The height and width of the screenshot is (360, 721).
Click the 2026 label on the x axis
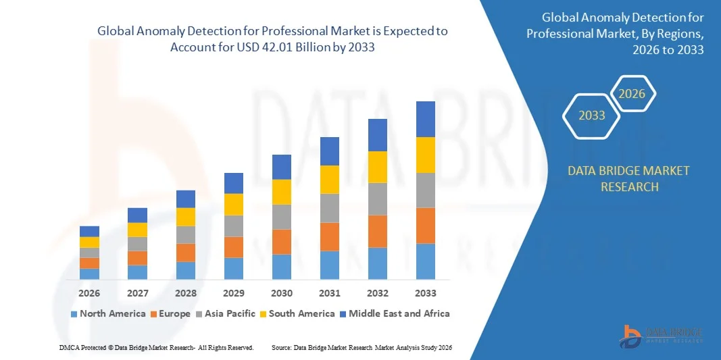(x=89, y=293)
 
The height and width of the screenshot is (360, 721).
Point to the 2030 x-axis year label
(x=282, y=293)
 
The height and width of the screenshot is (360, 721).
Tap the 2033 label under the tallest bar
(x=426, y=293)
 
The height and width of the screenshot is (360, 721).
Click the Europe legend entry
(x=174, y=313)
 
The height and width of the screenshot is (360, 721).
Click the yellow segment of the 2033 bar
(x=426, y=155)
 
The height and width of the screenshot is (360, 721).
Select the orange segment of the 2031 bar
(x=330, y=236)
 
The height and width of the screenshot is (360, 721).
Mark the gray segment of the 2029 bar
(x=234, y=226)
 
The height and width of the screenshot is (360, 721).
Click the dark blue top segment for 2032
(x=378, y=135)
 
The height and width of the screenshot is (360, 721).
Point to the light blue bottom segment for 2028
(x=186, y=270)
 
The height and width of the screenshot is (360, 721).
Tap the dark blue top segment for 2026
(x=89, y=231)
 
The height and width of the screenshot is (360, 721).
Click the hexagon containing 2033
(x=592, y=115)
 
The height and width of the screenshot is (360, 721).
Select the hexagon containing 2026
(x=632, y=94)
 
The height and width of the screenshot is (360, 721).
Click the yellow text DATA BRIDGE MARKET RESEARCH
(x=629, y=178)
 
